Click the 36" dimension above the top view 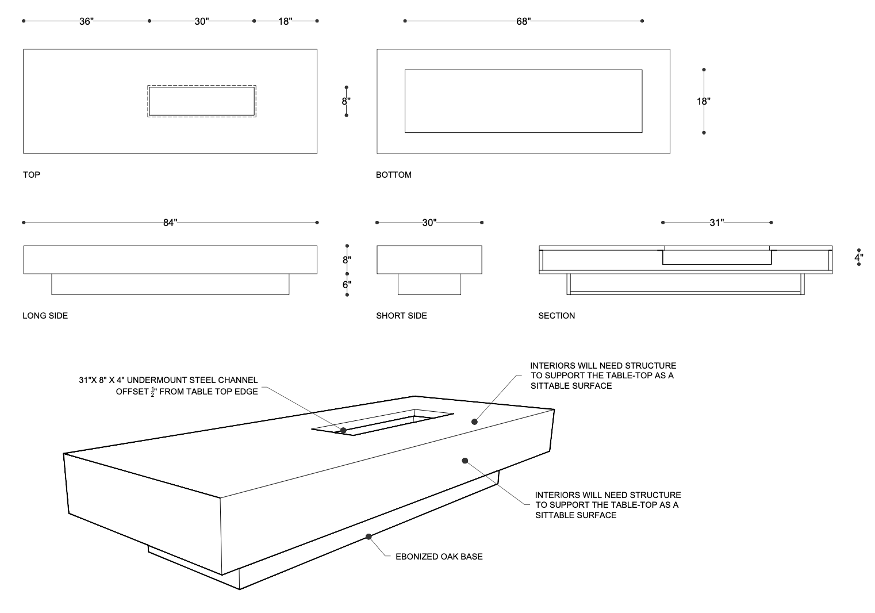click(86, 21)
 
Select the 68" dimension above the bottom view click(523, 21)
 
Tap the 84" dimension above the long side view click(170, 223)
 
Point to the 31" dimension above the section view click(716, 223)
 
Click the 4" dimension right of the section click(858, 258)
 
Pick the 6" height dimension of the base click(347, 284)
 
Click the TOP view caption click(32, 175)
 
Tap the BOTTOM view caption click(394, 175)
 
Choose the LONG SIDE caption click(45, 316)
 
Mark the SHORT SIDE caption click(401, 316)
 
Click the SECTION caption click(557, 316)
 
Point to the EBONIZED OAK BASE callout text click(439, 557)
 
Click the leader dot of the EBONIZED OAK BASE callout click(369, 537)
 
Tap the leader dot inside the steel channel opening click(343, 430)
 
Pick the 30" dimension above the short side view click(429, 223)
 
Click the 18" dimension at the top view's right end click(285, 21)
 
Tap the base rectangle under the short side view click(429, 284)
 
